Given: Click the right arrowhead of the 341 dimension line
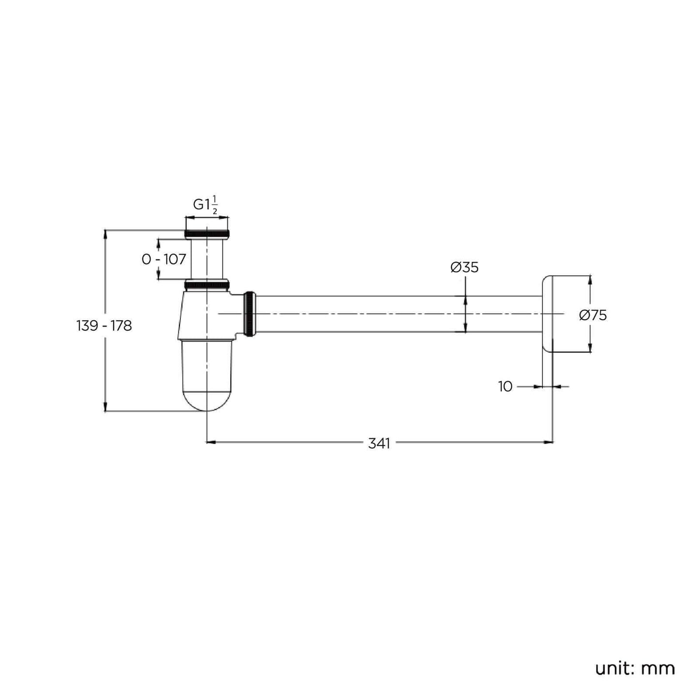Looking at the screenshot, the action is click(549, 442).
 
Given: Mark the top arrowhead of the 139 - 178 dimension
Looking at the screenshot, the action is click(105, 234).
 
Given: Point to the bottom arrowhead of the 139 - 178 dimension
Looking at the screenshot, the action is click(105, 407).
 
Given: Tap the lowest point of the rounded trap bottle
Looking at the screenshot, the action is click(207, 411).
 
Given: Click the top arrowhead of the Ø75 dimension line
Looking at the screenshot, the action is click(590, 281).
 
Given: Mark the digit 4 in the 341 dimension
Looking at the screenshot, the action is click(379, 444).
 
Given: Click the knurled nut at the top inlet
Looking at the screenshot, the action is click(207, 234).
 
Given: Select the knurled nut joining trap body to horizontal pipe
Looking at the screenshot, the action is click(250, 314).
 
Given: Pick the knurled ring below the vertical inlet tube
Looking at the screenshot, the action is click(207, 285).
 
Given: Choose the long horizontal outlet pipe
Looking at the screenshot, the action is click(399, 314).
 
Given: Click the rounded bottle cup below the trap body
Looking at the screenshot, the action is click(207, 375).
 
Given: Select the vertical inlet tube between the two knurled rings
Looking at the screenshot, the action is click(207, 259).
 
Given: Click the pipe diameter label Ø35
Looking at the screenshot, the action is click(464, 268).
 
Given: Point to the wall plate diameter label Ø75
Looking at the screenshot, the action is click(593, 315).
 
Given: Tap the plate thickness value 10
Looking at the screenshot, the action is click(505, 387).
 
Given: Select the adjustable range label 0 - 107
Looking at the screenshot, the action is click(164, 259).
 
